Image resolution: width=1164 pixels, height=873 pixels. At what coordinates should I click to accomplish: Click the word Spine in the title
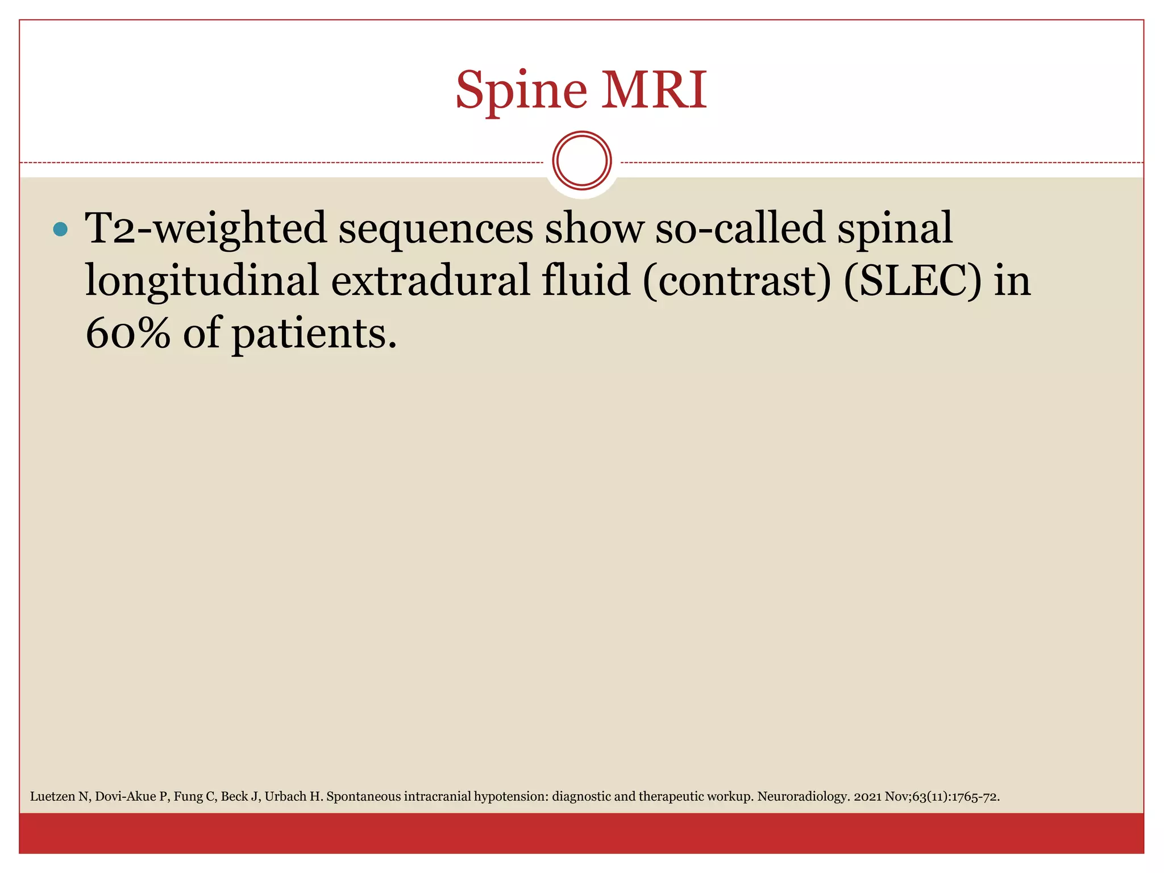click(x=521, y=91)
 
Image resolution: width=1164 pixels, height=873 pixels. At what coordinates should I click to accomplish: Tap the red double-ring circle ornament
click(x=581, y=161)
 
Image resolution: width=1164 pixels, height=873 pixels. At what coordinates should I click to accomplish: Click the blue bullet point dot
click(x=60, y=229)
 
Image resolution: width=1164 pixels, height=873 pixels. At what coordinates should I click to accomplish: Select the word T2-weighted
click(x=205, y=229)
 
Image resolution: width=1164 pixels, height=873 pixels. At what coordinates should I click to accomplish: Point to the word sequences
click(x=435, y=229)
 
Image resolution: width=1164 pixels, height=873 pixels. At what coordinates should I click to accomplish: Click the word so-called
click(x=739, y=229)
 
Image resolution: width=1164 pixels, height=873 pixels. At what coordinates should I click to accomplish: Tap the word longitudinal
click(x=202, y=281)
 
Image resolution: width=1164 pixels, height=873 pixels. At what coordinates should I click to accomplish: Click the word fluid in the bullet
click(x=585, y=280)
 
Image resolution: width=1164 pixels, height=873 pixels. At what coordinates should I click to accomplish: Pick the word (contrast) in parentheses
click(x=737, y=281)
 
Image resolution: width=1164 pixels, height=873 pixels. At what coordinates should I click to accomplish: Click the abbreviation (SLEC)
click(x=912, y=281)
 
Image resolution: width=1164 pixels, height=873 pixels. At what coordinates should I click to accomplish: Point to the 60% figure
click(x=128, y=333)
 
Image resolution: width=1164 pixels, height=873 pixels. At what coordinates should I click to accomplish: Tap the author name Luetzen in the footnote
click(x=52, y=797)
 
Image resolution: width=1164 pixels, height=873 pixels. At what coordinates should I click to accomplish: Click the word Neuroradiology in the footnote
click(x=803, y=797)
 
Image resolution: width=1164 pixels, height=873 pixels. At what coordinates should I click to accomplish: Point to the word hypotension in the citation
click(x=511, y=797)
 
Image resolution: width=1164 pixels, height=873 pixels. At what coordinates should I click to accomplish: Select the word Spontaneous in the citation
click(x=363, y=797)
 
